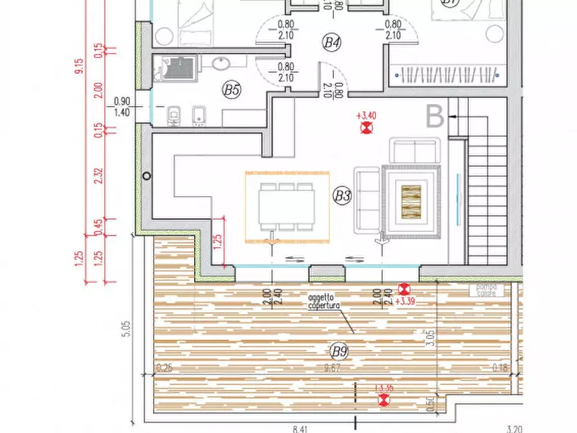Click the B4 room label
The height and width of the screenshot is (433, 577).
(x=331, y=43)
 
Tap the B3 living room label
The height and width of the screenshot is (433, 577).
(x=342, y=196)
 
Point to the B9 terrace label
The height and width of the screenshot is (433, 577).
(x=339, y=351)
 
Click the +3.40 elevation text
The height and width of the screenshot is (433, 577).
(x=366, y=116)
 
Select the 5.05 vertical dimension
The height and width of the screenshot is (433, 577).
(x=127, y=332)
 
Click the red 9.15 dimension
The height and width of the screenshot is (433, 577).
(x=79, y=67)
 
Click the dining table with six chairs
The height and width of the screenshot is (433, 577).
(x=287, y=207)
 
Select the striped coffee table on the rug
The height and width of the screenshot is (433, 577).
(x=411, y=202)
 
